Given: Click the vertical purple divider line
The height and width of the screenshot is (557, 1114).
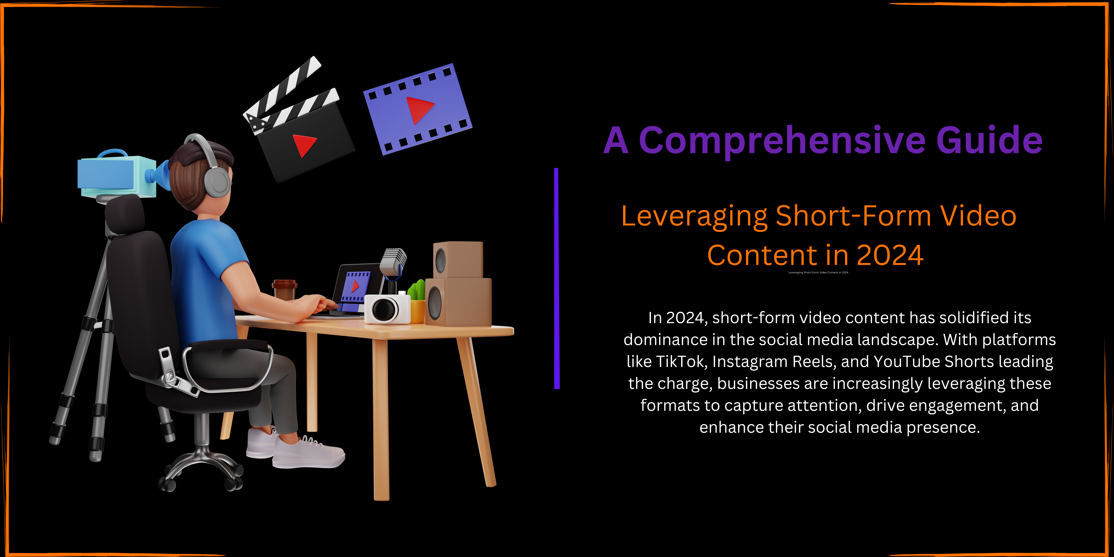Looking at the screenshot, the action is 557,278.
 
